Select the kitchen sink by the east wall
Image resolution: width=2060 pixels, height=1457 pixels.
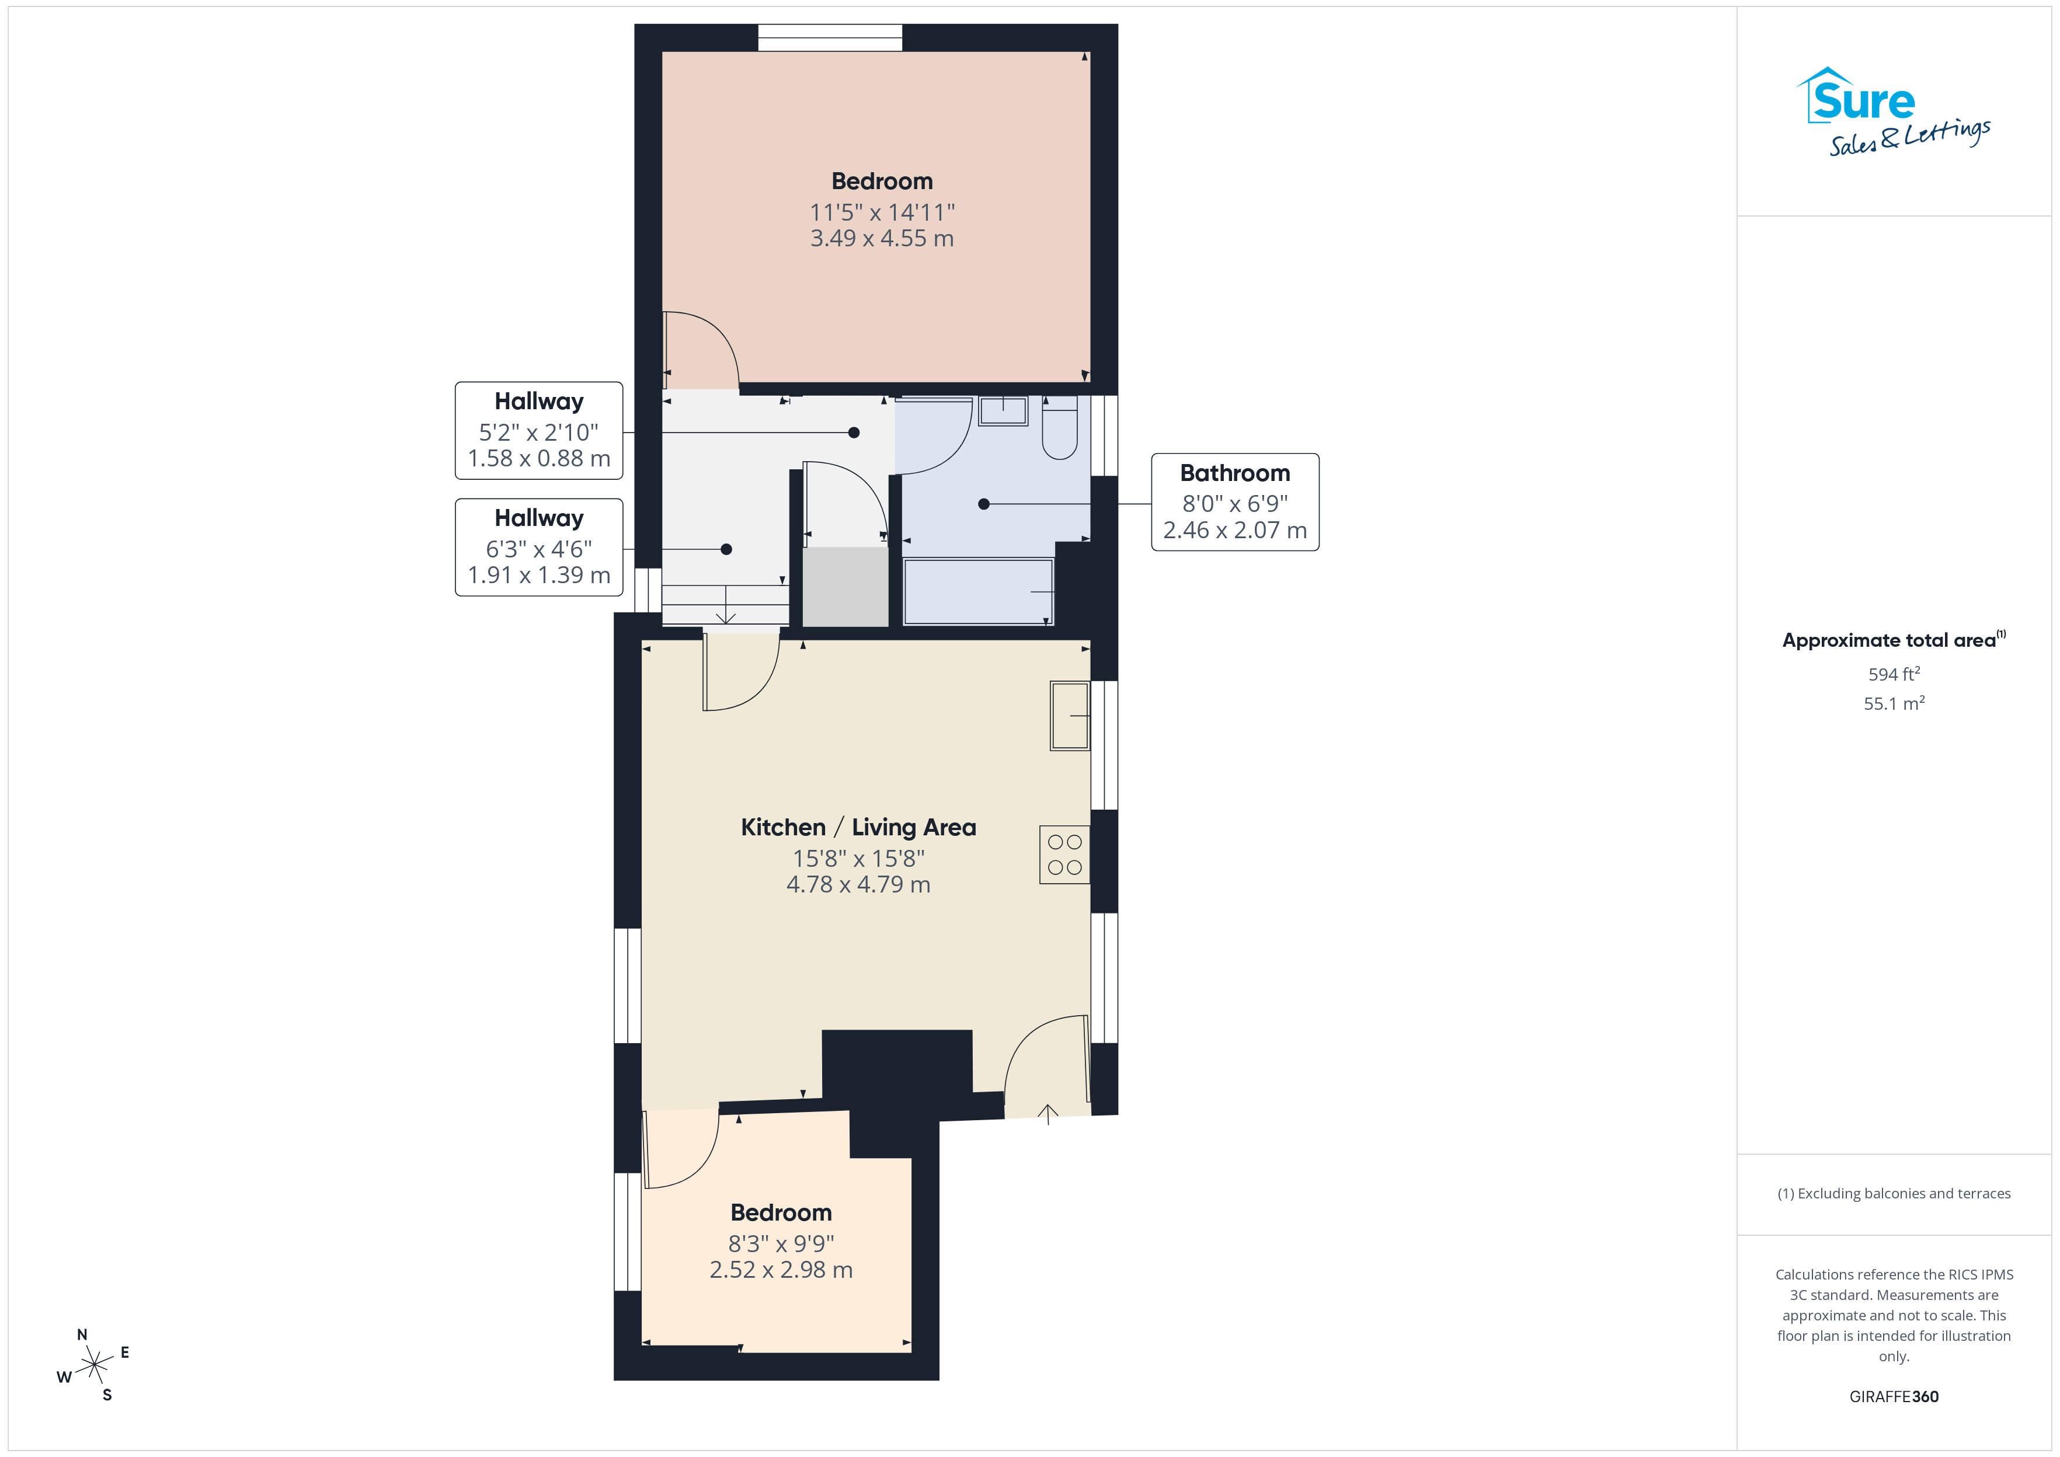1070,716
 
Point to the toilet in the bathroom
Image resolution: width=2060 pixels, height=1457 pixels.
1060,427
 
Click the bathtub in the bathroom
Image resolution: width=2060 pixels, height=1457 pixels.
978,591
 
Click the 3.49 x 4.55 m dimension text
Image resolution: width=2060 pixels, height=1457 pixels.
882,239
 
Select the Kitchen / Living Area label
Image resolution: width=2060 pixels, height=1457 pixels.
859,827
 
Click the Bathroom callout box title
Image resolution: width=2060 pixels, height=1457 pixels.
1234,473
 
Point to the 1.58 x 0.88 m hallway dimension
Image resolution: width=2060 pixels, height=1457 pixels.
538,458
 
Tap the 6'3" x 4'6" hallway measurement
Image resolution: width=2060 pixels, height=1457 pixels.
538,549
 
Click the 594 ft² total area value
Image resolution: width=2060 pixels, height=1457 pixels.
1894,674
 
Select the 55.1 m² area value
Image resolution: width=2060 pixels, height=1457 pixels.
1894,703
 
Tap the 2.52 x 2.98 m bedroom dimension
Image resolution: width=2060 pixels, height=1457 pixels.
781,1270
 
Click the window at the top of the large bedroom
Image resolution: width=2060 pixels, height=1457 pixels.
830,38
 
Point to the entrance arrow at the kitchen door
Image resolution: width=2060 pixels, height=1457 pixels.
1048,1113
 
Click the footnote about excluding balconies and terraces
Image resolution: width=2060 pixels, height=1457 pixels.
1894,1193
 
